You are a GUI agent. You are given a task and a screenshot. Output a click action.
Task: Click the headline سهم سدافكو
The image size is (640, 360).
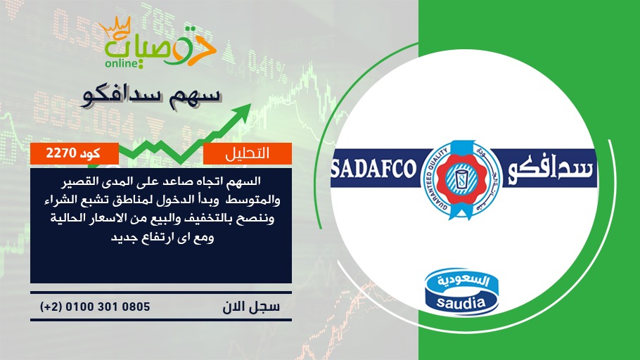(x=151, y=96)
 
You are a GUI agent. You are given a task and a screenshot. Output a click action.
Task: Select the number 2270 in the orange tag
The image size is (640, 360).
(x=61, y=153)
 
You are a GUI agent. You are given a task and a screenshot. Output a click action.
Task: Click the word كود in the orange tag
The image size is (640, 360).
(x=90, y=153)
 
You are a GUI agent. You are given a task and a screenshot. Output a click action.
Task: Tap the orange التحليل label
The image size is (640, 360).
(x=248, y=153)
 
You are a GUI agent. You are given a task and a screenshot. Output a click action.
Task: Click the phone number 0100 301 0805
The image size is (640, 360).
(x=108, y=307)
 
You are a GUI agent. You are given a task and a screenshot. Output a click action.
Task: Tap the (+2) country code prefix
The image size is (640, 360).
(x=51, y=307)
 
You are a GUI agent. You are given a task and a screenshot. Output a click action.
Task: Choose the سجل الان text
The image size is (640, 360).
(x=251, y=307)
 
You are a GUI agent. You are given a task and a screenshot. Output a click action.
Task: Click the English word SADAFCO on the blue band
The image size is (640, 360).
(x=373, y=169)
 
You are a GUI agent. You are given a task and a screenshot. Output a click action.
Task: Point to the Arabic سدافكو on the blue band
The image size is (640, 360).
(x=550, y=169)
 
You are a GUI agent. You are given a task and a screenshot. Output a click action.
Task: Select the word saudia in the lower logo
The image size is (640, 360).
(x=461, y=303)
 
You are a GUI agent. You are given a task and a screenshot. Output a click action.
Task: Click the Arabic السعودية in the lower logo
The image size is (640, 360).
(x=463, y=281)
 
